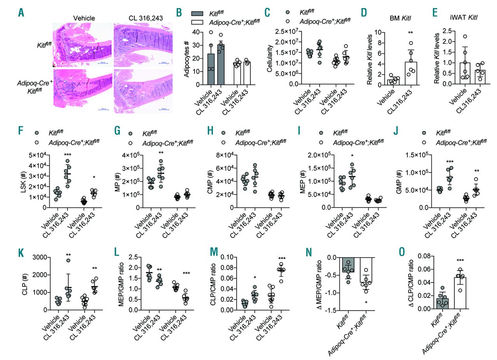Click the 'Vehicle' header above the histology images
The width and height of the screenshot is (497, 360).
click(84, 17)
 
